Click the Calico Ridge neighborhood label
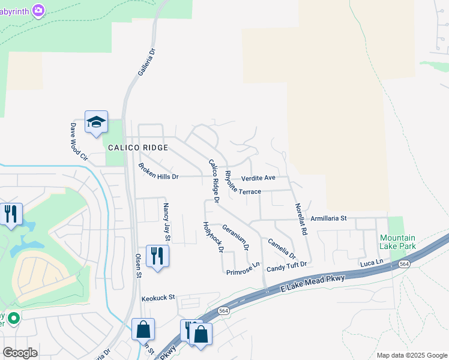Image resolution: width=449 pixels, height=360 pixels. click(x=138, y=147)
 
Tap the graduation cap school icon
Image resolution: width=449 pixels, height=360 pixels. click(x=96, y=123)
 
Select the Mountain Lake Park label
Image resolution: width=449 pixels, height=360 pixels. click(x=397, y=242)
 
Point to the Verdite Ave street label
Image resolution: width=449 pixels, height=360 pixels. click(x=258, y=178)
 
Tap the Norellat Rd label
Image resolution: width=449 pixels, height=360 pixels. click(x=301, y=218)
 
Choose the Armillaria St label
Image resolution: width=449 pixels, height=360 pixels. click(x=328, y=219)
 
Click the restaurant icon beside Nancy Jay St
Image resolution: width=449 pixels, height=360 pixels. click(x=157, y=256)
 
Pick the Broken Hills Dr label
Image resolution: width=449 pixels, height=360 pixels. click(x=158, y=172)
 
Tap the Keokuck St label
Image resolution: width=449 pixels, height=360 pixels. click(x=158, y=297)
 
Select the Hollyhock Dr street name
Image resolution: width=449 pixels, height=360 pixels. click(x=212, y=236)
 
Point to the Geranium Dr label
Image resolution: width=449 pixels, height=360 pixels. click(x=235, y=236)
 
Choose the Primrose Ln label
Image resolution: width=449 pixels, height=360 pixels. click(x=243, y=269)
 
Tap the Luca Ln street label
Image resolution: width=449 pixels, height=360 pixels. click(x=371, y=263)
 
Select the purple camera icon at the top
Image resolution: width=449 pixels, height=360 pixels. click(x=39, y=10)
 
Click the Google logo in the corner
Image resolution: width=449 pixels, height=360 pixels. click(x=20, y=353)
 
